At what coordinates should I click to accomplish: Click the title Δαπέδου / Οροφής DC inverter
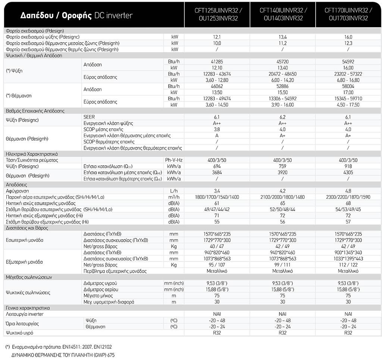point(76,16)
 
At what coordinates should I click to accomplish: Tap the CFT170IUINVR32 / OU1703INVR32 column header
point(348,15)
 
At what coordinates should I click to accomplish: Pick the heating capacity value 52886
point(282,86)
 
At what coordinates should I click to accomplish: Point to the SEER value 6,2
point(282,117)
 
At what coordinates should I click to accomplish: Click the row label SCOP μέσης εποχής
point(103,129)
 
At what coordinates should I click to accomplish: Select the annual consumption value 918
point(348,166)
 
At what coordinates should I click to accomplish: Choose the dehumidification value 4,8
point(348,191)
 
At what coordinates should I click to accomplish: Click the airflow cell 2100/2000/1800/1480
point(282,197)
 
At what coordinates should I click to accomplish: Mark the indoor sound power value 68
point(348,203)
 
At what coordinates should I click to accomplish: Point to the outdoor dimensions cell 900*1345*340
point(348,253)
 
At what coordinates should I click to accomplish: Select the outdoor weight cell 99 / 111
point(282,265)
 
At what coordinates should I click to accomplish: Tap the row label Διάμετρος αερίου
point(101,289)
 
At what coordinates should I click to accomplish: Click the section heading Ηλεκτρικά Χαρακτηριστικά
point(32,154)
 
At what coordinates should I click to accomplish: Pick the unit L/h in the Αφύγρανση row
point(174,191)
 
